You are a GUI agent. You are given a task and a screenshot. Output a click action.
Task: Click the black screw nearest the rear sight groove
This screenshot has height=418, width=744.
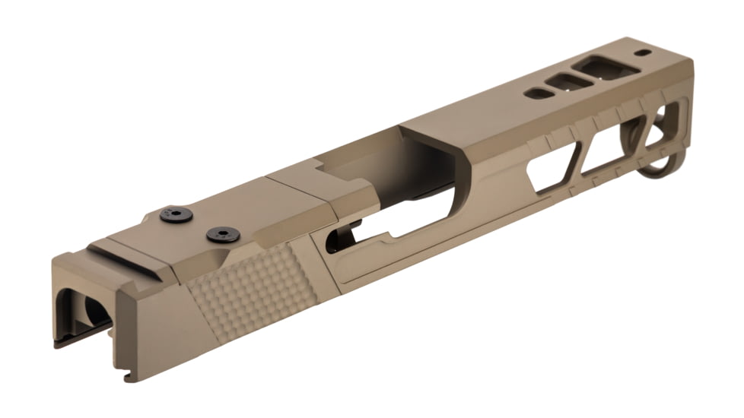[x=175, y=215]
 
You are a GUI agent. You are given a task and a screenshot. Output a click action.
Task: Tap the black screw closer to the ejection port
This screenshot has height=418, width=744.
[x=223, y=236]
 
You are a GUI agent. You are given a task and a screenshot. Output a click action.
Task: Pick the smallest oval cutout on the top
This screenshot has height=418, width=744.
[x=537, y=93]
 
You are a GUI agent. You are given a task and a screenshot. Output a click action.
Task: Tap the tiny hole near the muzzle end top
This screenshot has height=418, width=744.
[x=645, y=54]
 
